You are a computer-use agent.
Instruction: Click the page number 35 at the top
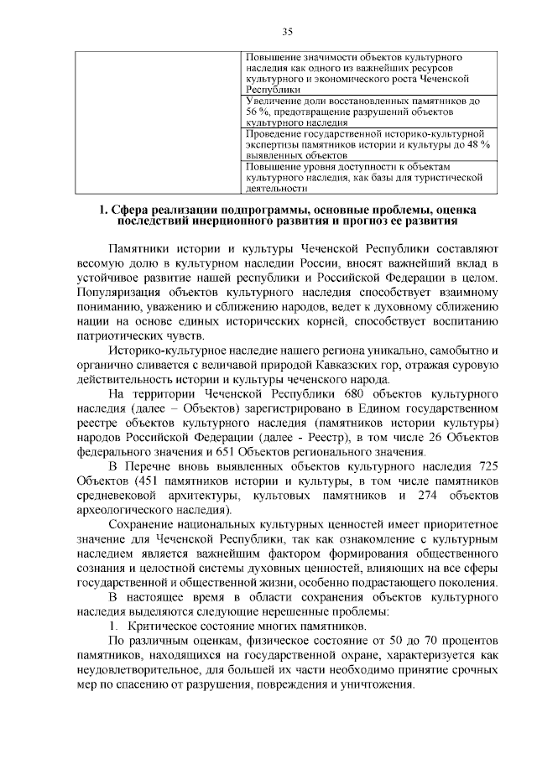(286, 32)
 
